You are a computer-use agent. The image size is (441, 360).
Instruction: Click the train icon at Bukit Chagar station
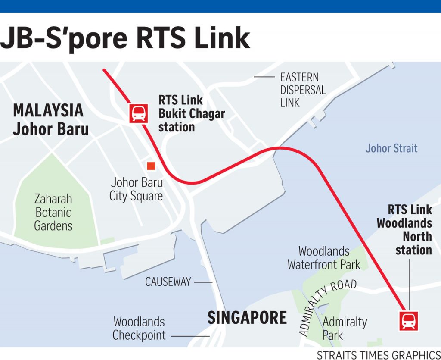coord(138,113)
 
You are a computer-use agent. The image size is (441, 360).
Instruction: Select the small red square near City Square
coord(151,166)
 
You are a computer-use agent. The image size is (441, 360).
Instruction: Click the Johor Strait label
coord(391,148)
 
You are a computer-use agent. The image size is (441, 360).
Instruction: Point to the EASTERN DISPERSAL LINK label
coord(303,90)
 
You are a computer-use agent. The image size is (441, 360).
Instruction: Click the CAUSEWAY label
coord(168,282)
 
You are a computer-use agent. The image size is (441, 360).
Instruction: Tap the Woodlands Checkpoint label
coord(139,329)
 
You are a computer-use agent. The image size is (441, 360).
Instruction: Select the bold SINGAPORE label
coord(247,318)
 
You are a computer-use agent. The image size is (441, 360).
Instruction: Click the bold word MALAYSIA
coord(48,111)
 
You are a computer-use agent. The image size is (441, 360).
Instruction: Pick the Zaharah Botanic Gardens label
coord(53,212)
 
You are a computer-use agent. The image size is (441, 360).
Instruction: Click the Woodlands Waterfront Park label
coord(324,258)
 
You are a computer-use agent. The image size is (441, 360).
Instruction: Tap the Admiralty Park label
coord(345,328)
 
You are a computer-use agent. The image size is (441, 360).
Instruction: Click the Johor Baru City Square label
coord(136,189)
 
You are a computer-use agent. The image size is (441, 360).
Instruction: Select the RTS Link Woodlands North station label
coord(404,230)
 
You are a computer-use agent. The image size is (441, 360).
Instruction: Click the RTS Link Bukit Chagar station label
coord(191,113)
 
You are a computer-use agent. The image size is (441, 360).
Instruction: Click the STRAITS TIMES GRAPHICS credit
coord(378,355)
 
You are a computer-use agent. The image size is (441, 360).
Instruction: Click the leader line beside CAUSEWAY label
coord(203,282)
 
